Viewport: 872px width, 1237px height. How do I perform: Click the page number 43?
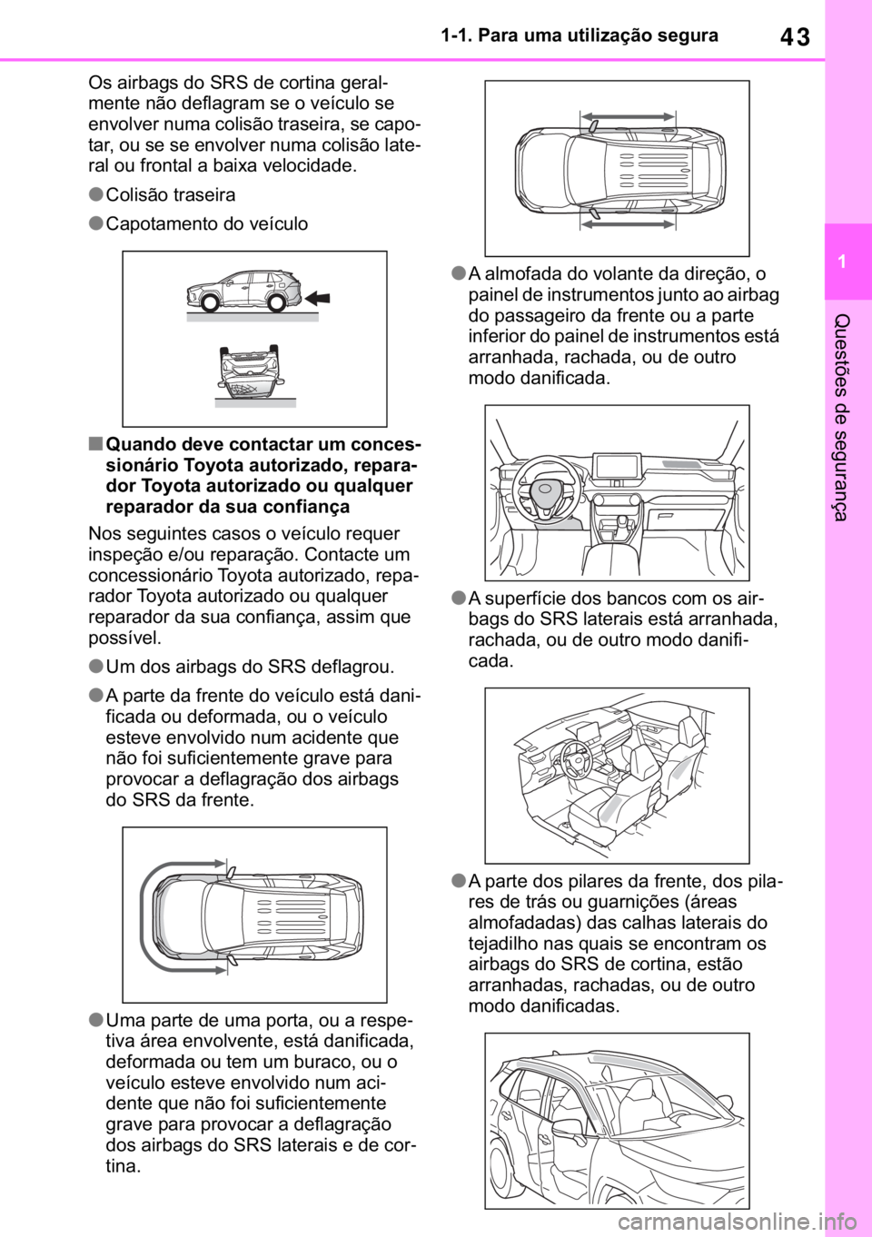pos(795,37)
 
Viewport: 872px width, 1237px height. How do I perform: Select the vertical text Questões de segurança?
pos(841,417)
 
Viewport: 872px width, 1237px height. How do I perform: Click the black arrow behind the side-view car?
pos(317,299)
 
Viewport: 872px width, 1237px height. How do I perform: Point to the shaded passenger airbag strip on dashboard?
pos(684,464)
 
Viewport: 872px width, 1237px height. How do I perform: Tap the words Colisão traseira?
pos(171,195)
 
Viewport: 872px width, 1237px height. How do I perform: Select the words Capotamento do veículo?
pos(207,223)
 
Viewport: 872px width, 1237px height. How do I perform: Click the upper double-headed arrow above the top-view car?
pos(628,116)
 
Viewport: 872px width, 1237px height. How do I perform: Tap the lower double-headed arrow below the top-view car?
pos(628,223)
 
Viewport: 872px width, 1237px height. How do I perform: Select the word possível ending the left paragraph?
pos(125,638)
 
